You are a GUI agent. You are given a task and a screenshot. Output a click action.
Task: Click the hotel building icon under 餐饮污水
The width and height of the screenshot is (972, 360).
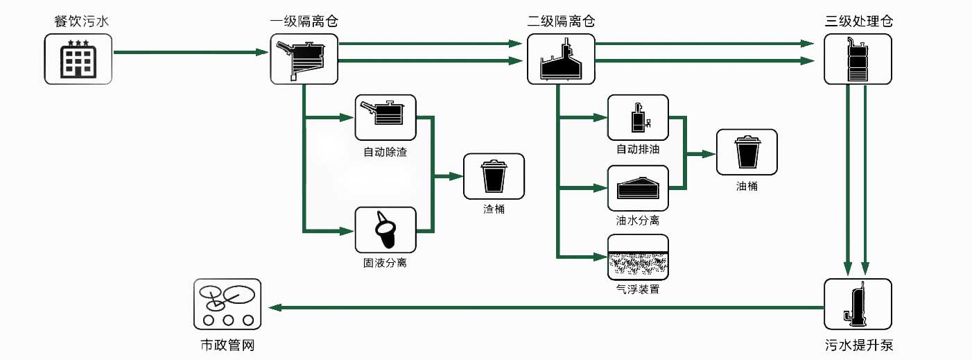coord(77,60)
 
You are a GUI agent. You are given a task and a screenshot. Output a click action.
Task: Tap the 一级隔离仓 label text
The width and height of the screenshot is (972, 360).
coord(304,21)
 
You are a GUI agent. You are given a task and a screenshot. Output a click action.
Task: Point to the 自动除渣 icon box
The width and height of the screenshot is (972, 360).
coord(385,117)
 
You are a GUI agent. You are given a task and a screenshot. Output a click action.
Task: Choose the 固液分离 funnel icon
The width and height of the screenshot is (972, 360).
coord(385,230)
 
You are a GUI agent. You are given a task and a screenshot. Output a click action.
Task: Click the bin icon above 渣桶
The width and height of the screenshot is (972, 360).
coord(494,176)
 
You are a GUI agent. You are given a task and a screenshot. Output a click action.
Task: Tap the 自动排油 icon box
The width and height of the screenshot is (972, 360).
coord(638,117)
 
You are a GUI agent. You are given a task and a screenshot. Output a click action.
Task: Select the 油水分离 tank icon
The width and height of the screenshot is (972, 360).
coord(638,188)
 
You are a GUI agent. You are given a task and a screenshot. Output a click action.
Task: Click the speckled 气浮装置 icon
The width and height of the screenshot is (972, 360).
coord(638,256)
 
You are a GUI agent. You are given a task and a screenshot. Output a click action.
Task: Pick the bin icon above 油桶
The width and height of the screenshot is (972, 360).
coord(746,152)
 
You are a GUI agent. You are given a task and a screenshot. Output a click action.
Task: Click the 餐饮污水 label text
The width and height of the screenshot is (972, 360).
coord(81,21)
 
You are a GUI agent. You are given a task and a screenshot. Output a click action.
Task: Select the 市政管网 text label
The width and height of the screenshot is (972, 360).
coord(227,345)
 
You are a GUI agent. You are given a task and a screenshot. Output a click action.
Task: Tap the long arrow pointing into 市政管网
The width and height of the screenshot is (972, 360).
coord(541,307)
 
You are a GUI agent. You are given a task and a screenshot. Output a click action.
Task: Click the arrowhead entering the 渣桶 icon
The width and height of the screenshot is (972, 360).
coord(456,176)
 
